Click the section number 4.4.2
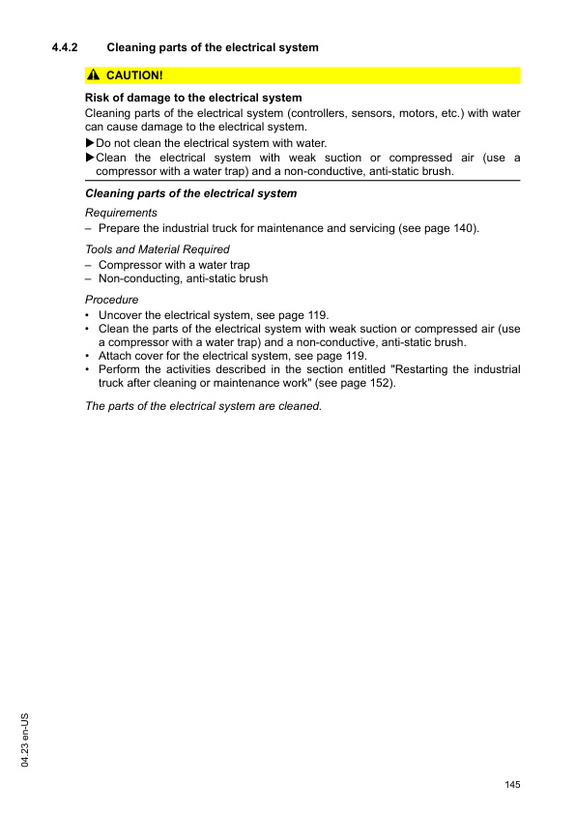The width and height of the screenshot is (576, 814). [x=64, y=47]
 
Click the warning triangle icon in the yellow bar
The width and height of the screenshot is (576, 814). [x=93, y=75]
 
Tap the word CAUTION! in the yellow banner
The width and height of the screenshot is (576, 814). [x=135, y=75]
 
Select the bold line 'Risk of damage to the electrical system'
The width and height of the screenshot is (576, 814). [x=193, y=98]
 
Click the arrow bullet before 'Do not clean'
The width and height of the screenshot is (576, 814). [x=90, y=143]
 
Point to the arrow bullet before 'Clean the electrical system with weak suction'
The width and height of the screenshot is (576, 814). [x=90, y=158]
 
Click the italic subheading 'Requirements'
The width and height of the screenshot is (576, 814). [x=121, y=213]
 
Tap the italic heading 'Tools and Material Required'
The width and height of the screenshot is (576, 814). [x=158, y=249]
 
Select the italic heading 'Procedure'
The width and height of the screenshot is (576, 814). [x=111, y=300]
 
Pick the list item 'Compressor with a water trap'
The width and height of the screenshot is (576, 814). [x=174, y=265]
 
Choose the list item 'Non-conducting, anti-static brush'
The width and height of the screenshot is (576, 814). [x=183, y=278]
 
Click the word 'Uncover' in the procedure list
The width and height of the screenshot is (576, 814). [x=121, y=315]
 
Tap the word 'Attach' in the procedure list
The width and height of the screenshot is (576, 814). [x=116, y=356]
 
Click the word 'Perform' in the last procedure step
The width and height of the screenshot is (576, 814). [x=122, y=369]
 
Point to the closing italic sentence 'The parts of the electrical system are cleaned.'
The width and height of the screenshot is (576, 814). [x=203, y=406]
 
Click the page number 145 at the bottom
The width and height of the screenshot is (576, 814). [x=512, y=783]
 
